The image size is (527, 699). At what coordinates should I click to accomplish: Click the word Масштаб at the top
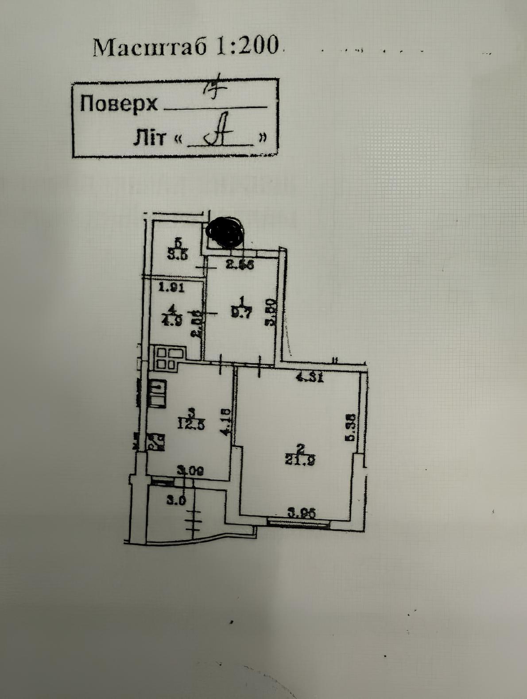(150, 46)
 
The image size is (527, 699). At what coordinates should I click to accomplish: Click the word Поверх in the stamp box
(118, 104)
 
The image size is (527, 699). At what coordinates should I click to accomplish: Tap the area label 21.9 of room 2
(301, 461)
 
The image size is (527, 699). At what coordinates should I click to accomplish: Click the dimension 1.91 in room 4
(171, 287)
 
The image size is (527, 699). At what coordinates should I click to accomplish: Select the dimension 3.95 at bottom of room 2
(302, 514)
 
